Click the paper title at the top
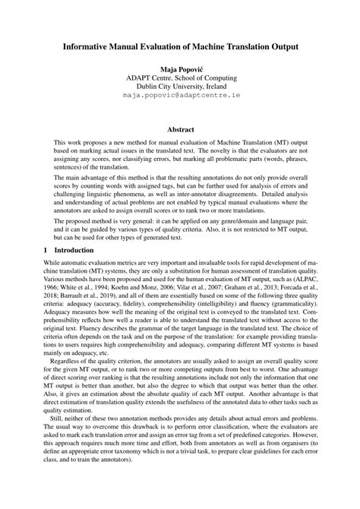point(180,46)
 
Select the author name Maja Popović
point(180,68)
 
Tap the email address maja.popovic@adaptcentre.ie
point(180,96)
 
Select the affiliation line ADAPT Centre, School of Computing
point(180,78)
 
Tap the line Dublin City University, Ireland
point(180,87)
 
